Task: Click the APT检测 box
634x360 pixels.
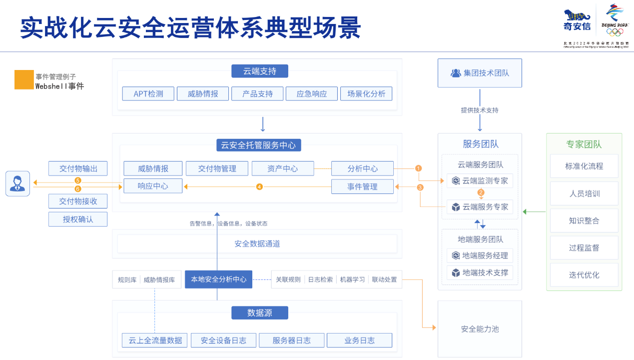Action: [148, 93]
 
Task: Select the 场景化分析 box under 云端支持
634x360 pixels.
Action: [366, 93]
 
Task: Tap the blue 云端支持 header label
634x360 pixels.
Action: [259, 71]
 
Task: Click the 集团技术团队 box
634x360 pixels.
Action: [480, 73]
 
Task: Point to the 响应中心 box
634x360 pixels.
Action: [153, 186]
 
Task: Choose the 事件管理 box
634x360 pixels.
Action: [362, 186]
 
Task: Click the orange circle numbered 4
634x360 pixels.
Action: [259, 186]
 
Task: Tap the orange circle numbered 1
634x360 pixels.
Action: [419, 168]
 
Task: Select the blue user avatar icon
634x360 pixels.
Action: [18, 183]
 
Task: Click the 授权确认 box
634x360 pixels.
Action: [78, 219]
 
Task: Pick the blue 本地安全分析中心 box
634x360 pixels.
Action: [218, 279]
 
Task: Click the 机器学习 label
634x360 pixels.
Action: [352, 279]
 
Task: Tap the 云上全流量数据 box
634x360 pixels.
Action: [155, 340]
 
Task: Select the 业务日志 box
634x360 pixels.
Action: [359, 340]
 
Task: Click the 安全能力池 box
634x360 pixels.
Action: [480, 329]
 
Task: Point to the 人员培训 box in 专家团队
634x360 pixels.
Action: [584, 193]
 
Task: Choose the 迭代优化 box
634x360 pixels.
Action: [584, 274]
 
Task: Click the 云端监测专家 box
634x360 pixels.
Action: [480, 180]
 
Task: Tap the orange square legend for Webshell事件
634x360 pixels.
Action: [24, 79]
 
